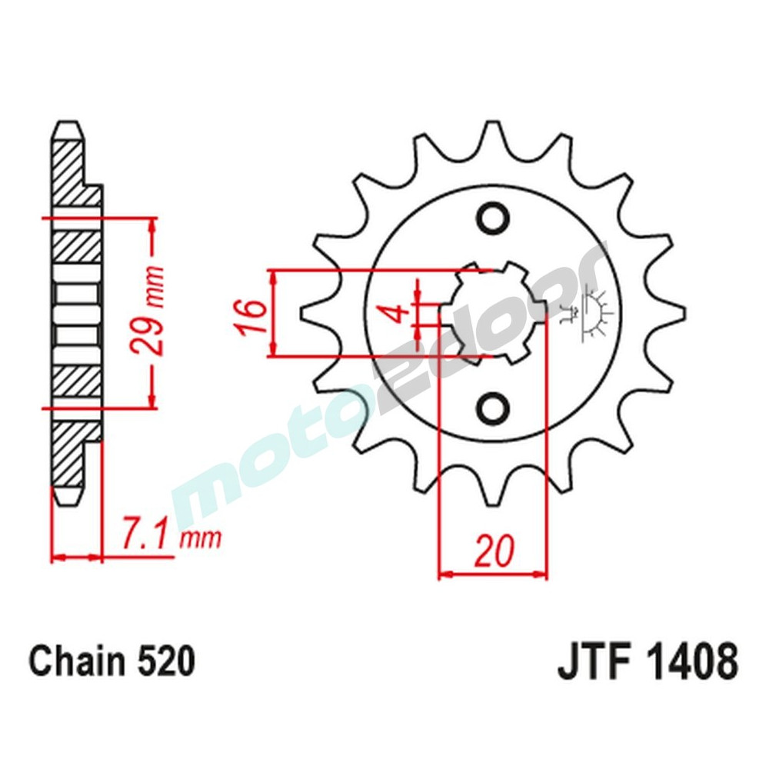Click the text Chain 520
coord(112,662)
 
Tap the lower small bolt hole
coord(491,407)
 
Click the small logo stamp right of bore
coord(593,312)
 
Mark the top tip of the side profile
coord(67,128)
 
